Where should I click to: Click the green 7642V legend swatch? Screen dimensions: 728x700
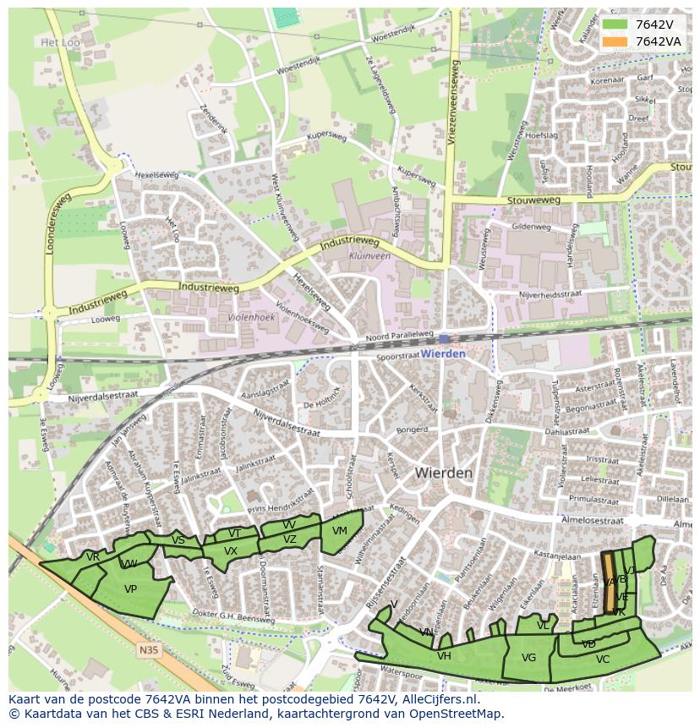[x=615, y=25]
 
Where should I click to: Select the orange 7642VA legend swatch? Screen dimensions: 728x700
[x=615, y=41]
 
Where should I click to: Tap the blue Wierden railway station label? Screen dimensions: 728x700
[x=443, y=353]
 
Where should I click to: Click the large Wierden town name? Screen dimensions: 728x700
[x=444, y=473]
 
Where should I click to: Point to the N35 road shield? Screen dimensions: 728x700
[x=148, y=650]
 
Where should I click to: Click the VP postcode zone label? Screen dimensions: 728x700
[x=130, y=588]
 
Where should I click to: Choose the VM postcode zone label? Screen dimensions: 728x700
[x=340, y=531]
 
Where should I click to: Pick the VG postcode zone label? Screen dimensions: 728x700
[x=528, y=658]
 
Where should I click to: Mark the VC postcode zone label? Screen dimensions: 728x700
[x=602, y=660]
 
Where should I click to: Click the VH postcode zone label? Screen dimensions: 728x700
[x=444, y=655]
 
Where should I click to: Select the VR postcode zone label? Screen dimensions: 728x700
[x=93, y=556]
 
